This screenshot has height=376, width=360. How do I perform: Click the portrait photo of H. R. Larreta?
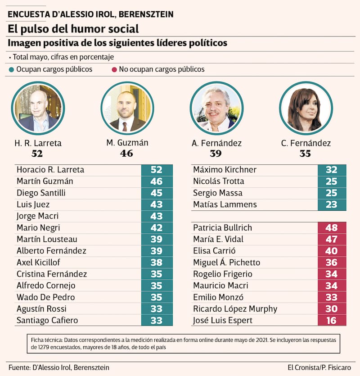[x=38, y=108]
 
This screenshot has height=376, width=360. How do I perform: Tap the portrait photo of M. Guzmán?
[x=127, y=108]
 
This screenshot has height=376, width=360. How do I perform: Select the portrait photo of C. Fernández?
[x=306, y=108]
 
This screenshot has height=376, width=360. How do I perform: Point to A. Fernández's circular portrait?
[x=216, y=108]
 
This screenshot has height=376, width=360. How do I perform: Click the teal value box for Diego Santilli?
[x=157, y=193]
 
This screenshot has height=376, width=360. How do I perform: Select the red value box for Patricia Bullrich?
[x=332, y=227]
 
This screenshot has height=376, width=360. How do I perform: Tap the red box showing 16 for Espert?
[x=332, y=320]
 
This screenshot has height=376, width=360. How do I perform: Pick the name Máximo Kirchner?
[x=225, y=170]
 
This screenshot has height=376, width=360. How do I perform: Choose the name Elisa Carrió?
[x=214, y=251]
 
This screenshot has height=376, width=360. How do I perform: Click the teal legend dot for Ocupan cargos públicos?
[x=11, y=70]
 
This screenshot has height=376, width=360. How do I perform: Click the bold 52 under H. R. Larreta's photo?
[x=38, y=154]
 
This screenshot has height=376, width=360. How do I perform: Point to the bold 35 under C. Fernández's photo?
[x=306, y=154]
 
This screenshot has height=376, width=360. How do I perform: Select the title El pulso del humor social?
[x=73, y=29]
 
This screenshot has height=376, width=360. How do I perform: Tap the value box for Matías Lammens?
[x=332, y=204]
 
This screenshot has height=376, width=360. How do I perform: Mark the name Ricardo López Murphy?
[x=235, y=309]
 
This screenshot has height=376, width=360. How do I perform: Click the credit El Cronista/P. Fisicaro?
[x=319, y=367]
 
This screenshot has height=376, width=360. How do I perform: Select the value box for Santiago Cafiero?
[x=157, y=320]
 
